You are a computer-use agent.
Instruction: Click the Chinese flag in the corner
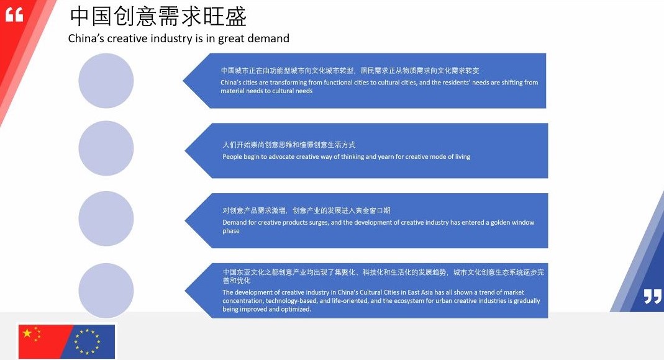(42, 341)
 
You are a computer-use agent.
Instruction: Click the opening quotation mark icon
(14, 16)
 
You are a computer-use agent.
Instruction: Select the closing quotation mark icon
(652, 296)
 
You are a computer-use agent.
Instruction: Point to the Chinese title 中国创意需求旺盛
(158, 17)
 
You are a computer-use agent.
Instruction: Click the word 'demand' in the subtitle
(268, 38)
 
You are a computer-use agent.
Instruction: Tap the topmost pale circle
(106, 81)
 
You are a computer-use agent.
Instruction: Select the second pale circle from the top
(106, 148)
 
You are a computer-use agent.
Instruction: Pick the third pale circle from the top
(106, 218)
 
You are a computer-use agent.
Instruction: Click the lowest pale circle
(106, 290)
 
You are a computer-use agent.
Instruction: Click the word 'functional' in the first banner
(340, 83)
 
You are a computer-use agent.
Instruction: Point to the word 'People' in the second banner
(232, 157)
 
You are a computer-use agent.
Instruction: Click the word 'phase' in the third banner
(231, 231)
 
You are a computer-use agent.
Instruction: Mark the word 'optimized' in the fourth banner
(296, 309)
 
